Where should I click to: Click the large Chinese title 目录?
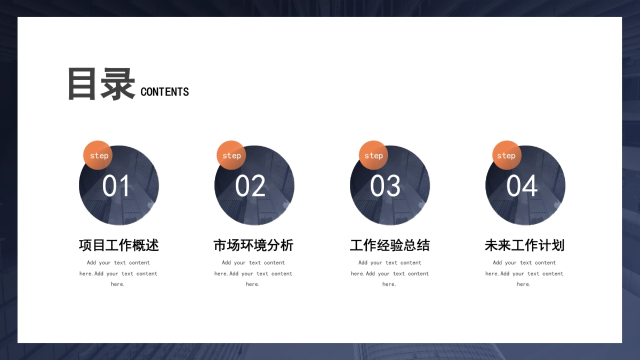101,84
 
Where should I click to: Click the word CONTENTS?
165,92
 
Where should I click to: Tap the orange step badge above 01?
98,155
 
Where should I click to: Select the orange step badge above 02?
231,155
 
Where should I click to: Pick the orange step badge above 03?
373,155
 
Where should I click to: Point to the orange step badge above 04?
507,155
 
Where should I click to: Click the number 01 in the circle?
116,186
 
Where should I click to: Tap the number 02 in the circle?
250,186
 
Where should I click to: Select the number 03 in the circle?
385,186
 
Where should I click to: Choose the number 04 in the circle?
522,186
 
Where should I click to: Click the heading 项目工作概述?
118,245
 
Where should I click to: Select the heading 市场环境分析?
253,245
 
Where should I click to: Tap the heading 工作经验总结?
390,245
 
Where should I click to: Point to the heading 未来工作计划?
525,245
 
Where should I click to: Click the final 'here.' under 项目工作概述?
118,284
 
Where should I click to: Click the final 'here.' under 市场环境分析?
253,284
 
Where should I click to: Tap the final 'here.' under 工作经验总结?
389,284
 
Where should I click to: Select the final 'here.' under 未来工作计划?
524,284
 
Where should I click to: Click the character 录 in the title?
118,84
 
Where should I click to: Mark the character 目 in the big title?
82,84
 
